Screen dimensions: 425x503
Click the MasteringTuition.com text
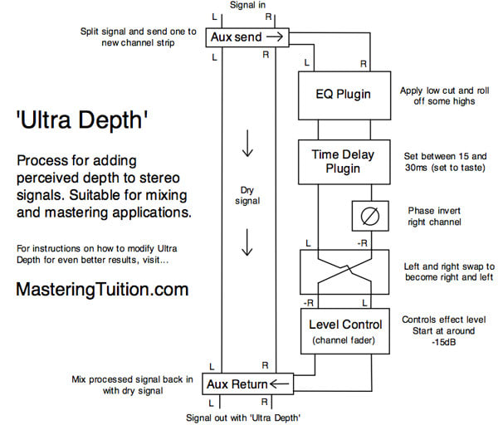[102, 290]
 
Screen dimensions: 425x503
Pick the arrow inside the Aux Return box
[278, 383]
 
